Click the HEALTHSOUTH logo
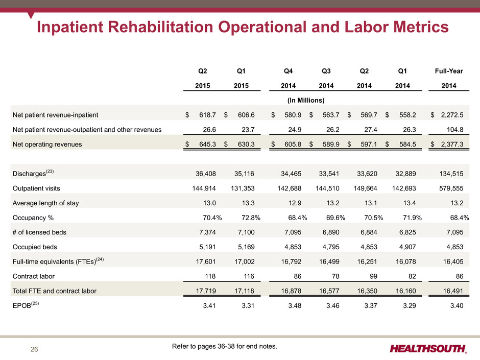click(428, 349)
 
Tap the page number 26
click(34, 349)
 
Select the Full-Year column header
click(449, 71)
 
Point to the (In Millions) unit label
click(306, 101)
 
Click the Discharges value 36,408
click(206, 174)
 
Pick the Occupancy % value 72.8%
click(251, 218)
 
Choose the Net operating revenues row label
click(47, 145)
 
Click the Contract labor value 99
click(373, 276)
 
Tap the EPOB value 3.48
click(295, 305)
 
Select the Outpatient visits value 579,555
click(451, 188)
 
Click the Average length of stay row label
click(45, 203)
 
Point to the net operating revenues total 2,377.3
click(452, 144)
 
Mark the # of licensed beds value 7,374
click(207, 232)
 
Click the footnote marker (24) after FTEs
click(100, 259)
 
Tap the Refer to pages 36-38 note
click(224, 346)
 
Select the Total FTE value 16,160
click(405, 291)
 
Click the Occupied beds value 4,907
click(407, 247)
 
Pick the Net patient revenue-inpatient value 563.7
click(331, 115)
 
